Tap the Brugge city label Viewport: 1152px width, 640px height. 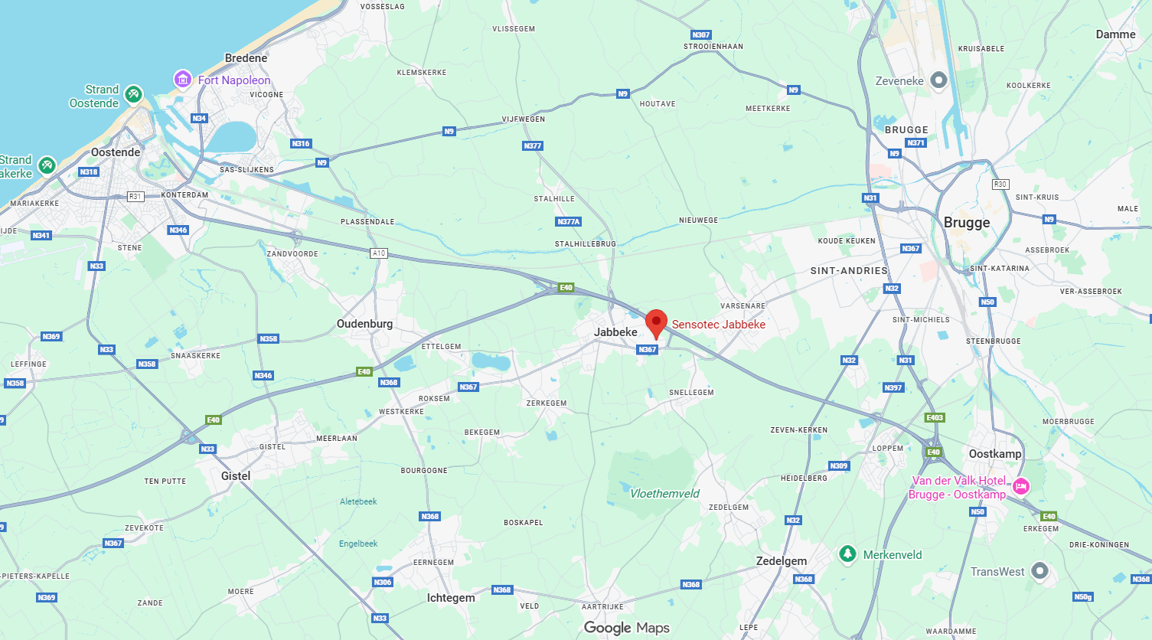pyautogui.click(x=967, y=223)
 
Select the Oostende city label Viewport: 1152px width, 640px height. pyautogui.click(x=116, y=152)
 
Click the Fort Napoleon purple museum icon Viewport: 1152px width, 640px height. pyautogui.click(x=182, y=79)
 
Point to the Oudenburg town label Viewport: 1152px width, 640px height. pyautogui.click(x=364, y=324)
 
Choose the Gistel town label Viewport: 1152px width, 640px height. pyautogui.click(x=236, y=476)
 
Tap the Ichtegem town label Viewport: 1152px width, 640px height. pyautogui.click(x=451, y=598)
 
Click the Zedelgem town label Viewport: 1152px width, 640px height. pyautogui.click(x=782, y=561)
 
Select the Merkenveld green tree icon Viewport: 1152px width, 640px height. pyautogui.click(x=847, y=553)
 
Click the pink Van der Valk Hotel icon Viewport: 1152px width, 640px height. pyautogui.click(x=1020, y=486)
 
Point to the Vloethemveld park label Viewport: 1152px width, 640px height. pyautogui.click(x=664, y=494)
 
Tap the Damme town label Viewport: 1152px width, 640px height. pyautogui.click(x=1115, y=34)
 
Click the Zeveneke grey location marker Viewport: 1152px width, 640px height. pyautogui.click(x=938, y=80)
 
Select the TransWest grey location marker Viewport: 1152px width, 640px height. pyautogui.click(x=1039, y=570)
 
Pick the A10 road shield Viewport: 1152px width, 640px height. pyautogui.click(x=379, y=253)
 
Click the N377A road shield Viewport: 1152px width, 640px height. pyautogui.click(x=569, y=222)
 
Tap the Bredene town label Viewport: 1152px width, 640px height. pyautogui.click(x=246, y=58)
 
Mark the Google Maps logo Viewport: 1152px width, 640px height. pyautogui.click(x=626, y=628)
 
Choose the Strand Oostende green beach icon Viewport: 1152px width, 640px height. pyautogui.click(x=133, y=94)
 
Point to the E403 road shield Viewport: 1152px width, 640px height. pyautogui.click(x=935, y=418)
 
